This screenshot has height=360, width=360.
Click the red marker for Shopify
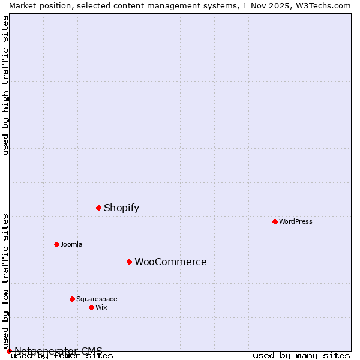point(98,208)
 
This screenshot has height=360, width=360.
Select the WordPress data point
point(275,221)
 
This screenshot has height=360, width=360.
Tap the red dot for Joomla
point(56,244)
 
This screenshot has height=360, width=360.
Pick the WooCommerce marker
point(129,262)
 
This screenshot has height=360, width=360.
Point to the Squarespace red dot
point(72,299)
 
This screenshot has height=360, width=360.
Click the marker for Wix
point(91,307)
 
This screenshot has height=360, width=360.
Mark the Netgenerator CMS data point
point(9,351)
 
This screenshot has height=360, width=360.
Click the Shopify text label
point(121,208)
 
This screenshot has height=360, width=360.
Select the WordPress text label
point(295,221)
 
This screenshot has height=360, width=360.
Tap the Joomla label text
point(71,244)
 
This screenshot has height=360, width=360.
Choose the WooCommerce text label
point(170,262)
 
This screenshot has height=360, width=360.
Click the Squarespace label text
point(97,299)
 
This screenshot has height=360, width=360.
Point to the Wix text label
point(101,307)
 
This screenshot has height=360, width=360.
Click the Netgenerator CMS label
point(58,351)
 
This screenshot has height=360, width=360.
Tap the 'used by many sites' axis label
point(301,356)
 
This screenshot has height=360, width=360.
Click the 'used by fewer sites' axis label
point(62,356)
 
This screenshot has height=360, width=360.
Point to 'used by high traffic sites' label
point(6,85)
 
